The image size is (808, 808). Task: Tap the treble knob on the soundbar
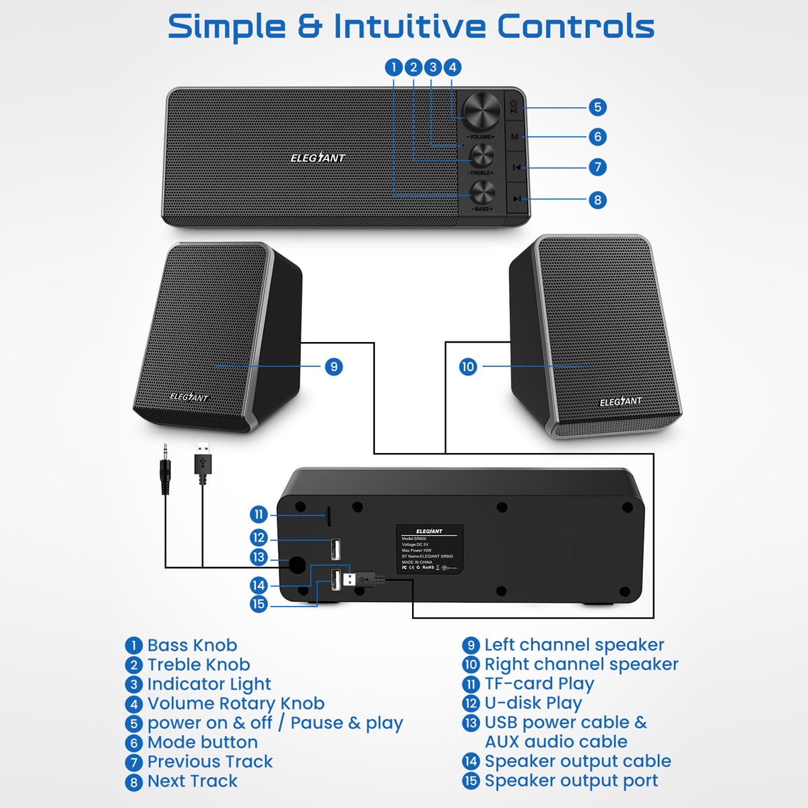point(481,156)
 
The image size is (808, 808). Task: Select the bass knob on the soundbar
point(482,193)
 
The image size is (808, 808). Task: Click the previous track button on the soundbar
point(516,167)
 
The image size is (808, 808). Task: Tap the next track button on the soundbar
point(516,199)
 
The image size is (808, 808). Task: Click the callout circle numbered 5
point(597,107)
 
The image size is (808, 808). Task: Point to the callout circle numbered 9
point(334,367)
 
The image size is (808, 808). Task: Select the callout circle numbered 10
point(468,367)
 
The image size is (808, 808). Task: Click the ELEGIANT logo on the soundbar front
point(318,158)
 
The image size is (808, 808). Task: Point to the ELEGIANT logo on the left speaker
point(189,397)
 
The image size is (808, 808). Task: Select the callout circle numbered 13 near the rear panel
point(259,558)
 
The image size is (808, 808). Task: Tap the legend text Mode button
point(202,742)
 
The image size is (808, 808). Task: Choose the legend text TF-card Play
point(539,683)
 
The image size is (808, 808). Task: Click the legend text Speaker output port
point(571,781)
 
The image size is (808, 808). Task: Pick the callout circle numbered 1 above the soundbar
point(394,67)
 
